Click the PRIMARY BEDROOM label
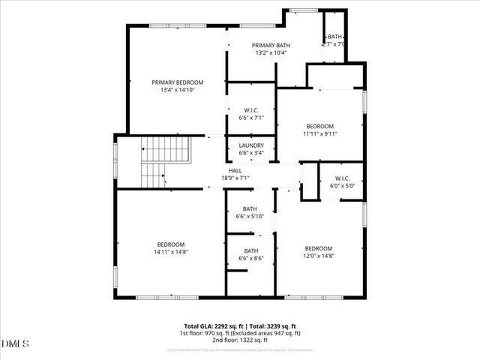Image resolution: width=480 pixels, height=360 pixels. [x=177, y=82]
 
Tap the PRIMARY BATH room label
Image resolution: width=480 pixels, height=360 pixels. [x=250, y=45]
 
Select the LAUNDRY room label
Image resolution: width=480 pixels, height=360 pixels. [x=250, y=145]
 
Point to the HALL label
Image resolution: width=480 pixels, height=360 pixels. [x=235, y=171]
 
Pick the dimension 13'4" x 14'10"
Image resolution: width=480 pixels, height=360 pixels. [x=177, y=91]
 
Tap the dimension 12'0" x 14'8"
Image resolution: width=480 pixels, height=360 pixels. [x=319, y=256]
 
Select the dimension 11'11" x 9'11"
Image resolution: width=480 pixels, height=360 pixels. [x=320, y=134]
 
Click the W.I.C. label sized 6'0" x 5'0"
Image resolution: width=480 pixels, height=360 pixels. [x=341, y=178]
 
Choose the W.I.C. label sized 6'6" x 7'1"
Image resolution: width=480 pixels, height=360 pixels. [x=250, y=110]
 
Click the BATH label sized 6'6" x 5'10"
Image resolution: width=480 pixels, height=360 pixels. [x=250, y=209]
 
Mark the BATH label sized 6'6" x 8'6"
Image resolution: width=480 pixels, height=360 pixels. [x=250, y=251]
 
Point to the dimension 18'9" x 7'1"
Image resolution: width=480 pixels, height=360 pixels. [x=235, y=178]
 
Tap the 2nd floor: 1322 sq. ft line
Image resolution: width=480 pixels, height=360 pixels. [x=240, y=339]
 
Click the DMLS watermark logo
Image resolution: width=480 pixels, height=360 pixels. [x=16, y=343]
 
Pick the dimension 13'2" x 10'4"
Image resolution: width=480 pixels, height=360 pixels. [x=250, y=53]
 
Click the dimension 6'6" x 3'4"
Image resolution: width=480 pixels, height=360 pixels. [x=250, y=153]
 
